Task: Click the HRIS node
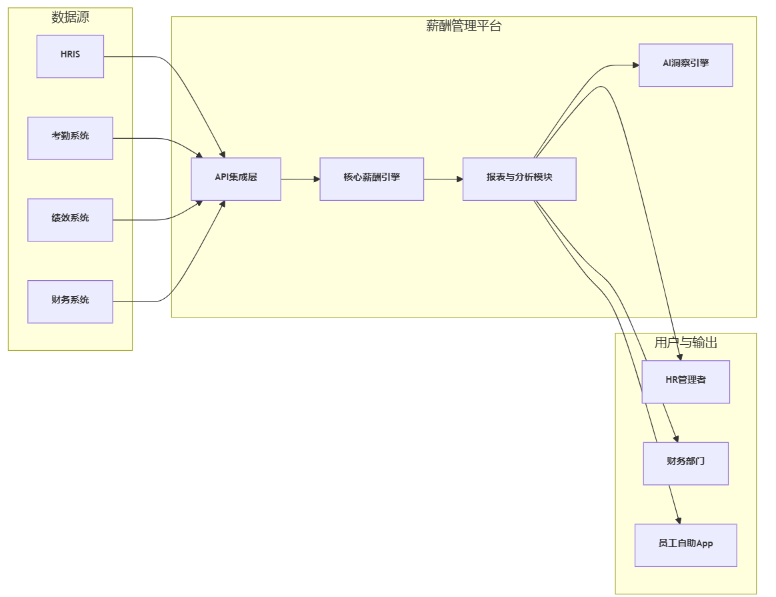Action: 70,56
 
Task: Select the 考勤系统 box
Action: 70,138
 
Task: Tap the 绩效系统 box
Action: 70,219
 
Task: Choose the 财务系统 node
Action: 70,302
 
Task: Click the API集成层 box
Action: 235,179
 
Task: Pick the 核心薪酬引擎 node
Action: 371,179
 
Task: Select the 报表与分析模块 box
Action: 519,179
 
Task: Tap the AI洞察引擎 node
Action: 685,65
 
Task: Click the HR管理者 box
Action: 685,382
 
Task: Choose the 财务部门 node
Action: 685,463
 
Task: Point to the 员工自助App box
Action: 685,545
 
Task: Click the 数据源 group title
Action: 70,18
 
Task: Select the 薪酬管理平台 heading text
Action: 463,27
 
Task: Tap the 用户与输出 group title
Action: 685,343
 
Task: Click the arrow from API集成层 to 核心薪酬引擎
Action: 300,179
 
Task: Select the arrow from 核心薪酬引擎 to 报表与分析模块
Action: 443,179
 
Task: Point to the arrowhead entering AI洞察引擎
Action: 635,65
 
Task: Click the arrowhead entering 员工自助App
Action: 679,520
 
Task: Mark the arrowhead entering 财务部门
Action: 675,439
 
